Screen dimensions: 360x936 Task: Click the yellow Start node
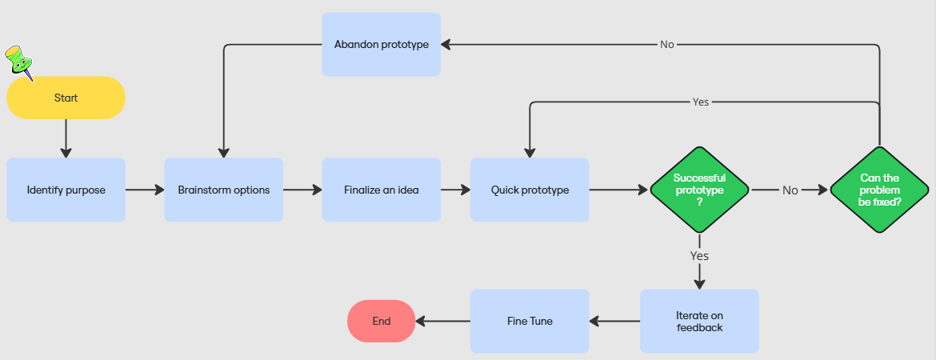pyautogui.click(x=66, y=98)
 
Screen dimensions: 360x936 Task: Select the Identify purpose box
pyautogui.click(x=66, y=190)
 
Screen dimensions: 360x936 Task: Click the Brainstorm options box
pyautogui.click(x=223, y=190)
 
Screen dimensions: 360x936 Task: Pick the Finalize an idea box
pyautogui.click(x=381, y=190)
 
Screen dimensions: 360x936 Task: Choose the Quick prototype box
pyautogui.click(x=530, y=190)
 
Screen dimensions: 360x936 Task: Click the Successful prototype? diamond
pyautogui.click(x=699, y=190)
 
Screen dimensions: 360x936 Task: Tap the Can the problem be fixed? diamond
pyautogui.click(x=879, y=190)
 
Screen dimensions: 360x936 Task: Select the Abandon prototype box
pyautogui.click(x=381, y=44)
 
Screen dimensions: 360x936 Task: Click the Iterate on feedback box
pyautogui.click(x=699, y=321)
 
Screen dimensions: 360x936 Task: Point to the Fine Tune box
pyautogui.click(x=530, y=321)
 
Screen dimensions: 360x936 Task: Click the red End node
pyautogui.click(x=381, y=321)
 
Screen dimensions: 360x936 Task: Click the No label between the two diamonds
pyautogui.click(x=790, y=190)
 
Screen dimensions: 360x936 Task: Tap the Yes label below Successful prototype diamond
pyautogui.click(x=699, y=256)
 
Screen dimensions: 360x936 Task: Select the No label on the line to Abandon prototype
pyautogui.click(x=666, y=45)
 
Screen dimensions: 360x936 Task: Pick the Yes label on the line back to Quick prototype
pyautogui.click(x=701, y=102)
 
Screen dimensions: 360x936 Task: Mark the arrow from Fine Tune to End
pyautogui.click(x=442, y=322)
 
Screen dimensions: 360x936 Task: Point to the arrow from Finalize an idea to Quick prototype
pyautogui.click(x=455, y=190)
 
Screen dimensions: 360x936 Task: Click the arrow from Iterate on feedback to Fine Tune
pyautogui.click(x=614, y=322)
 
